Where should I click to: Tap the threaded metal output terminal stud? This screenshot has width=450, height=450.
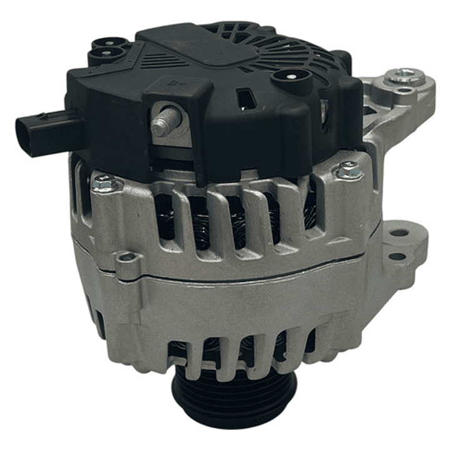[x=162, y=124]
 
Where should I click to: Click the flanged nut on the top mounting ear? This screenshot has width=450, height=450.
[x=404, y=77]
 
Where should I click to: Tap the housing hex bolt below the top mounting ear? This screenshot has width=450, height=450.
[x=349, y=169]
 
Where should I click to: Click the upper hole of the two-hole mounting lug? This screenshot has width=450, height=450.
[x=399, y=233]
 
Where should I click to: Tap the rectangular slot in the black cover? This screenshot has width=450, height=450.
[x=246, y=100]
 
